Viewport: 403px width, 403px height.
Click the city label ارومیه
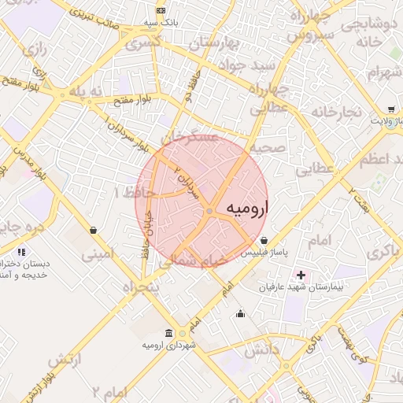pos(247,208)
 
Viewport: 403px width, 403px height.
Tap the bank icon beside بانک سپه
pos(161,10)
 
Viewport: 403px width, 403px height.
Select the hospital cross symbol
pos(301,275)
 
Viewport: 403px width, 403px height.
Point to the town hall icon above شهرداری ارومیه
pos(169,333)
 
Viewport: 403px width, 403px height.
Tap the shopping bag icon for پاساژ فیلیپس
pos(263,239)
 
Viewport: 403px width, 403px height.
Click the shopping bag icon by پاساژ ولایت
pos(391,109)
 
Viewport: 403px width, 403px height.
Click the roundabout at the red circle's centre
pos(209,212)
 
